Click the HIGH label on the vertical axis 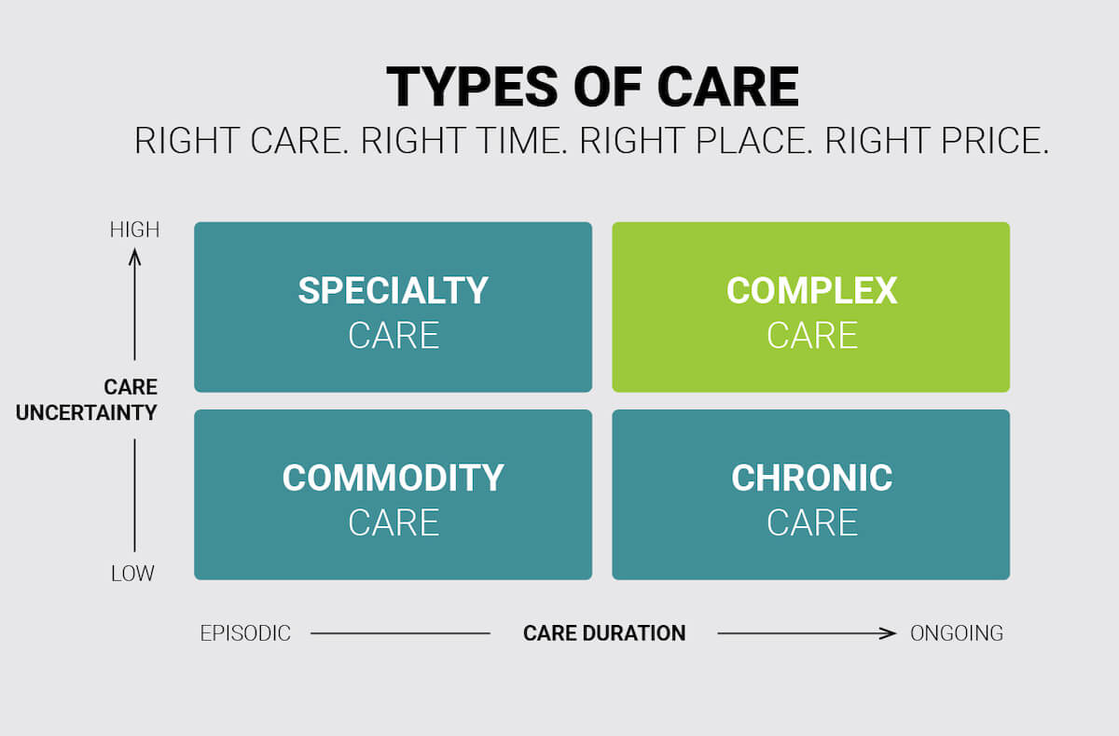tap(134, 229)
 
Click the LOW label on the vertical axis tap(132, 574)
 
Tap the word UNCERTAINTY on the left tap(87, 412)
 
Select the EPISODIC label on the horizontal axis tap(245, 633)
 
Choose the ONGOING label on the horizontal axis tap(957, 633)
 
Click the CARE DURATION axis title tap(604, 633)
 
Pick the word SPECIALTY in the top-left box tap(393, 291)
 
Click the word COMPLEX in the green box tap(811, 291)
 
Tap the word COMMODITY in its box tap(393, 479)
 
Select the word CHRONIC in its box tap(811, 479)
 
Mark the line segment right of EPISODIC tap(400, 633)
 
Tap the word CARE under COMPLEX tap(811, 336)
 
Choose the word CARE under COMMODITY tap(393, 522)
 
